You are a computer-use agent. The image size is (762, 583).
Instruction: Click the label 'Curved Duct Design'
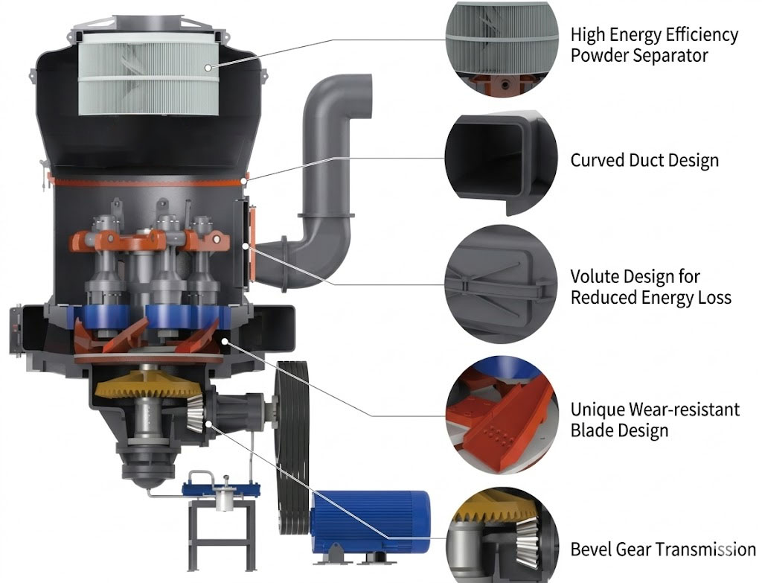[x=644, y=161]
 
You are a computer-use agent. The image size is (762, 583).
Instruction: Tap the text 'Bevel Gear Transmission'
[x=663, y=549]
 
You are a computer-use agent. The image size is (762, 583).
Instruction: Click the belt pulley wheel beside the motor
[x=292, y=447]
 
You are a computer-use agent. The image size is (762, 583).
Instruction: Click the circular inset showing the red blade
[x=502, y=415]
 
